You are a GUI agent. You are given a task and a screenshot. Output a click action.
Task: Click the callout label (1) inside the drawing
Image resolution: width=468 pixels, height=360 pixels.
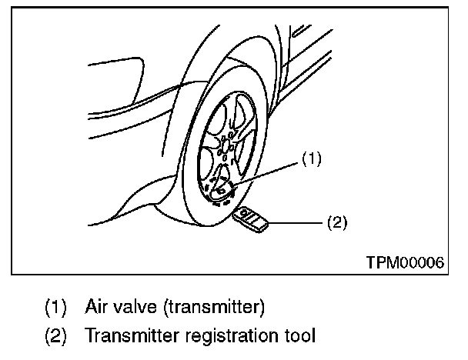coord(310,159)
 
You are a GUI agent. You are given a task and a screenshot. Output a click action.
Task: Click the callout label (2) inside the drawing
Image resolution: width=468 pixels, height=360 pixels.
coord(336,223)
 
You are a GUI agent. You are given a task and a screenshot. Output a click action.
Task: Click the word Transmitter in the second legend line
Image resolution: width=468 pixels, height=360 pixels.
coord(132,337)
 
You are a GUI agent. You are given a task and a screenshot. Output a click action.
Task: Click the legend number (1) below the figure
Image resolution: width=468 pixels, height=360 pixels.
coord(55,308)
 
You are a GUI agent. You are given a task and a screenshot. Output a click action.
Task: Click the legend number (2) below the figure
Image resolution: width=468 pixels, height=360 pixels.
coord(55,337)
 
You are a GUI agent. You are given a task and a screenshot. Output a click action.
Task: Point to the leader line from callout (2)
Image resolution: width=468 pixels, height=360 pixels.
coord(296,223)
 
